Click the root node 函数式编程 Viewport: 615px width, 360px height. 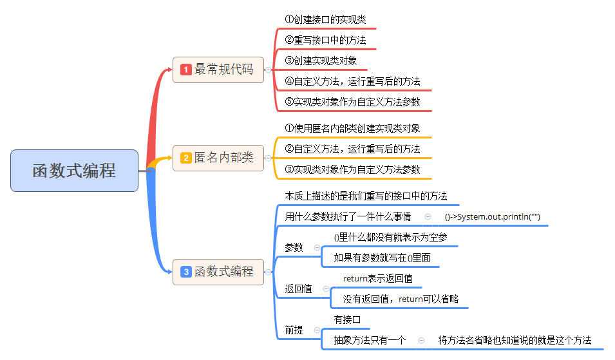point(74,171)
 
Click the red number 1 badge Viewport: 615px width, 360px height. point(186,70)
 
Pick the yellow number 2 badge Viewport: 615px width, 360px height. point(186,158)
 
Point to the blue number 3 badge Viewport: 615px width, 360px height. point(186,272)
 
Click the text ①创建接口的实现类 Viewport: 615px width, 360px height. point(325,20)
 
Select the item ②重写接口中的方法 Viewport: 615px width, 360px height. point(325,41)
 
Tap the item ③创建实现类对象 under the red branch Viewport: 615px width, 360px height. point(321,61)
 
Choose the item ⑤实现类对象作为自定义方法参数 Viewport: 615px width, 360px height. point(353,102)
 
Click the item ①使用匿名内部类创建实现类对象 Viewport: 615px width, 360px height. point(352,128)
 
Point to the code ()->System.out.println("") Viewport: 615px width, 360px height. point(492,217)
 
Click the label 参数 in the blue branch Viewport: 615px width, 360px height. point(294,247)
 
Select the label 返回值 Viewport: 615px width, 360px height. point(299,289)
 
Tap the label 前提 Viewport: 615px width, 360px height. point(294,330)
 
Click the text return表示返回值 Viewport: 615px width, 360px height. point(377,279)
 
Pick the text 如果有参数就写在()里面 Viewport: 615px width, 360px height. point(382,258)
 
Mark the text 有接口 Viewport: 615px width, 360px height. point(347,319)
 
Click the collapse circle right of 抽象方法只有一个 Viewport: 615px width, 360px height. point(421,340)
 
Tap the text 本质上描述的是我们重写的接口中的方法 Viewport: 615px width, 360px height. point(366,196)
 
